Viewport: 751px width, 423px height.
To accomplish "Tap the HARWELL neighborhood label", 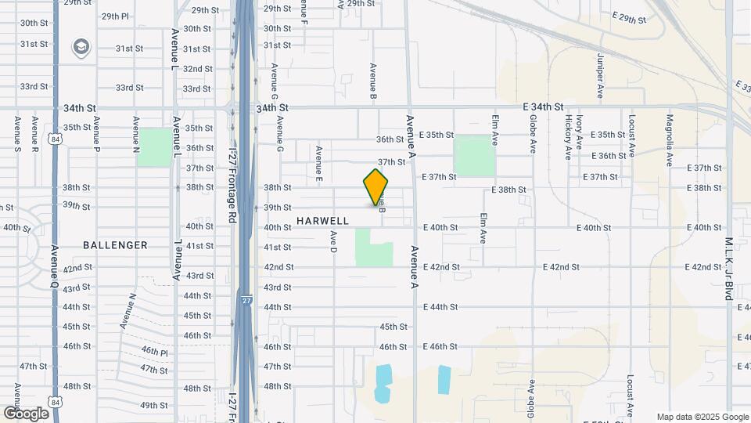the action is click(322, 222).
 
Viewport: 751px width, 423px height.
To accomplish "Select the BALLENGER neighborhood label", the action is click(115, 245).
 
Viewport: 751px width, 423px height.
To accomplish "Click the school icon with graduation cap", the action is click(80, 48).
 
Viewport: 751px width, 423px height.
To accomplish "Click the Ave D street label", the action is click(333, 240).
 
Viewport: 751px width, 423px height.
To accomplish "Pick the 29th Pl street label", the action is click(115, 16).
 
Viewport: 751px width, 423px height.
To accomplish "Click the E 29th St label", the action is click(630, 17).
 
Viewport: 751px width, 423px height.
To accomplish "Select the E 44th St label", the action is click(440, 307).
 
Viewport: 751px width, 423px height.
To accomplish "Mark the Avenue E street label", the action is click(319, 163).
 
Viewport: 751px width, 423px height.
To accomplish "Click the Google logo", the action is click(27, 413).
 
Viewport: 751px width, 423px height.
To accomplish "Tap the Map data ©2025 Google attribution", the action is click(702, 417).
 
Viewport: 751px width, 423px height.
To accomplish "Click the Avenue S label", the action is click(17, 133).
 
